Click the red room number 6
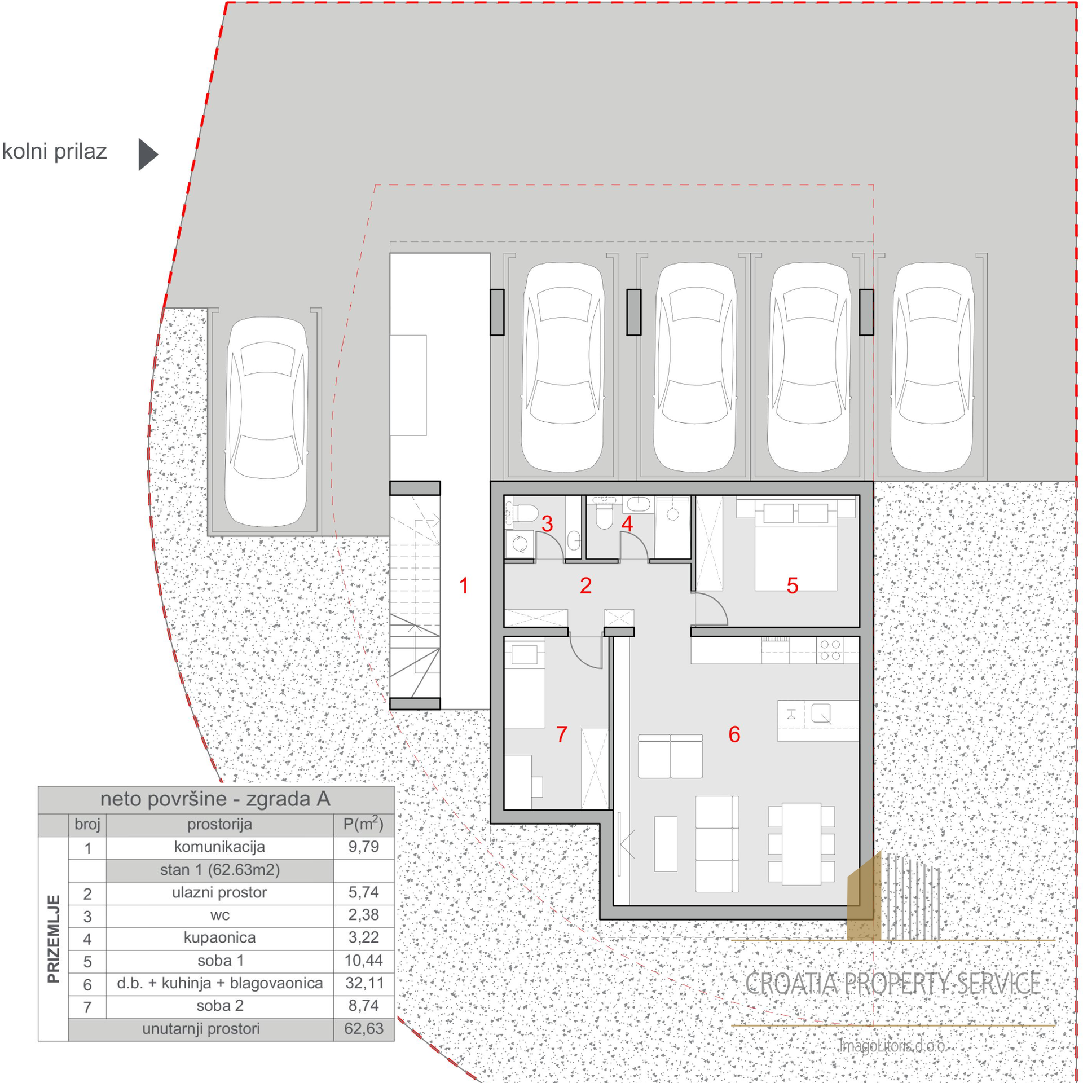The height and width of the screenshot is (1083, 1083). [x=734, y=734]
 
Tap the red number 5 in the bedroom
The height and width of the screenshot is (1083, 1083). [x=792, y=586]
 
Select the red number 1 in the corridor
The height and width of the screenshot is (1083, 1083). [x=464, y=586]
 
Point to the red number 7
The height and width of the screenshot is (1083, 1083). [x=562, y=734]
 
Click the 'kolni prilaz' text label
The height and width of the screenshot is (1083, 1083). [x=54, y=152]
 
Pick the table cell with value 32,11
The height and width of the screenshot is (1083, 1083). [x=364, y=983]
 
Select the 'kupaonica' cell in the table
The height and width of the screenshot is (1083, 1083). [x=219, y=937]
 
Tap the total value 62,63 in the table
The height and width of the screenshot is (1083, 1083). [x=364, y=1029]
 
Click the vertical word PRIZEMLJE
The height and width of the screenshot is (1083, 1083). [x=54, y=939]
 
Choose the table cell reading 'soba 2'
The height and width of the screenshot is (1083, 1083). [x=220, y=1006]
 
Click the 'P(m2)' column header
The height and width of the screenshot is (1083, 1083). [x=363, y=824]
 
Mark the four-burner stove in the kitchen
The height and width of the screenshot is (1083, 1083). [x=830, y=650]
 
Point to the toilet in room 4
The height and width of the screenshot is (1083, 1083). [x=604, y=516]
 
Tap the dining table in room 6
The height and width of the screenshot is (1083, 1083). [x=801, y=844]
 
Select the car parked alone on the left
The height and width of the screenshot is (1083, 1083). [x=266, y=422]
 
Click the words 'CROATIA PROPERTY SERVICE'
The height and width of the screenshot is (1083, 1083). [x=892, y=984]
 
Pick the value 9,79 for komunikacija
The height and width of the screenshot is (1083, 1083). [x=364, y=847]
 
